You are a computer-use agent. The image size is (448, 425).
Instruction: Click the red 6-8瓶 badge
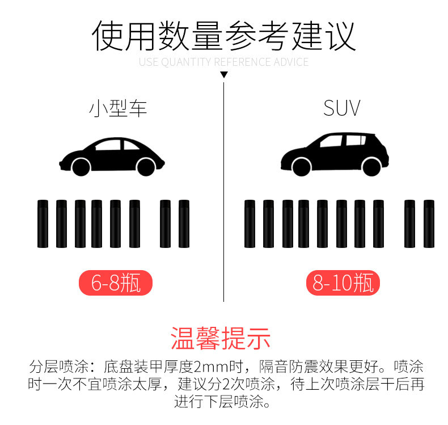(116, 283)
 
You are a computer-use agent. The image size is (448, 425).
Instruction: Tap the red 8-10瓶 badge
(343, 283)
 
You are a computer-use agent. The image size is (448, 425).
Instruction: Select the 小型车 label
(118, 108)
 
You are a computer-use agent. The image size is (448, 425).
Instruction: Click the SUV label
(342, 108)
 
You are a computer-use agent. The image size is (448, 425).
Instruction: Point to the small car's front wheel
(81, 167)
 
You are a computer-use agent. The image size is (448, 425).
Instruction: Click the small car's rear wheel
(146, 167)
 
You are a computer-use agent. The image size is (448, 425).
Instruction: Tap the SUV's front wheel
(302, 167)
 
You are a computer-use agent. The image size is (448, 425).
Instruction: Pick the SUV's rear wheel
(371, 167)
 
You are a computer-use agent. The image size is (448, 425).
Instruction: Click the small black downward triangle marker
(224, 74)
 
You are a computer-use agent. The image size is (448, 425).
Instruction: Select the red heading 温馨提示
(221, 338)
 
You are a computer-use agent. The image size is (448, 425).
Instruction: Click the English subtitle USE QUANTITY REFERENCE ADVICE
(223, 62)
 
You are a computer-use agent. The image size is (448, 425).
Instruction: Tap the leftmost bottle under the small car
(43, 224)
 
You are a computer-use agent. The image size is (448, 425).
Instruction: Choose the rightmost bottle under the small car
(184, 224)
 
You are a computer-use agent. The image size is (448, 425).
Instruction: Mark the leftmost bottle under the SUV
(250, 224)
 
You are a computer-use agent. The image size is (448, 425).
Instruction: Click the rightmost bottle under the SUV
(429, 224)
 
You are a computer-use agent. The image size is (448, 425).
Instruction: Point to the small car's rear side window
(130, 145)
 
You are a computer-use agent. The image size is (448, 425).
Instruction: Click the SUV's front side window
(331, 141)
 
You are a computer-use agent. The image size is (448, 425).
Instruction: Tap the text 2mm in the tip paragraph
(212, 367)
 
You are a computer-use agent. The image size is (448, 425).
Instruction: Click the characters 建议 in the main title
(323, 36)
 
